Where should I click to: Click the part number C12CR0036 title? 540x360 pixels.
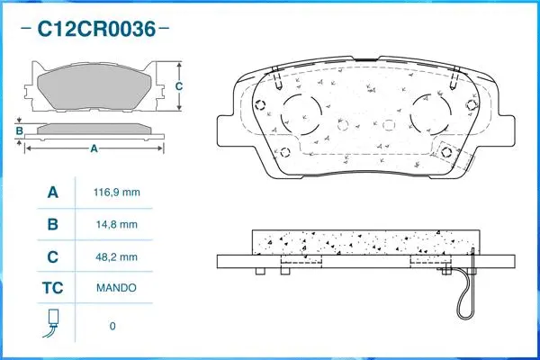[94, 30]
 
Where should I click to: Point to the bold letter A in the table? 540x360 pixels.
[52, 193]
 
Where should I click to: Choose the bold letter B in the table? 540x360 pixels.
[52, 225]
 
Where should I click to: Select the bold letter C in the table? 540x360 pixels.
[52, 257]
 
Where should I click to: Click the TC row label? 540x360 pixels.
[52, 289]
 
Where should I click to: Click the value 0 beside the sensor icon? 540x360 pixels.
[112, 325]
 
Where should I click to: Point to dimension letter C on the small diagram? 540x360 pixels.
[178, 86]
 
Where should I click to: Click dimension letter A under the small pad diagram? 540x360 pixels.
[93, 149]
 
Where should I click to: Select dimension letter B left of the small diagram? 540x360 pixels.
[19, 132]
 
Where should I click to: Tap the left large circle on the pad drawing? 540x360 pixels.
[302, 113]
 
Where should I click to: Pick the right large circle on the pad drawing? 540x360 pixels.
[429, 113]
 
